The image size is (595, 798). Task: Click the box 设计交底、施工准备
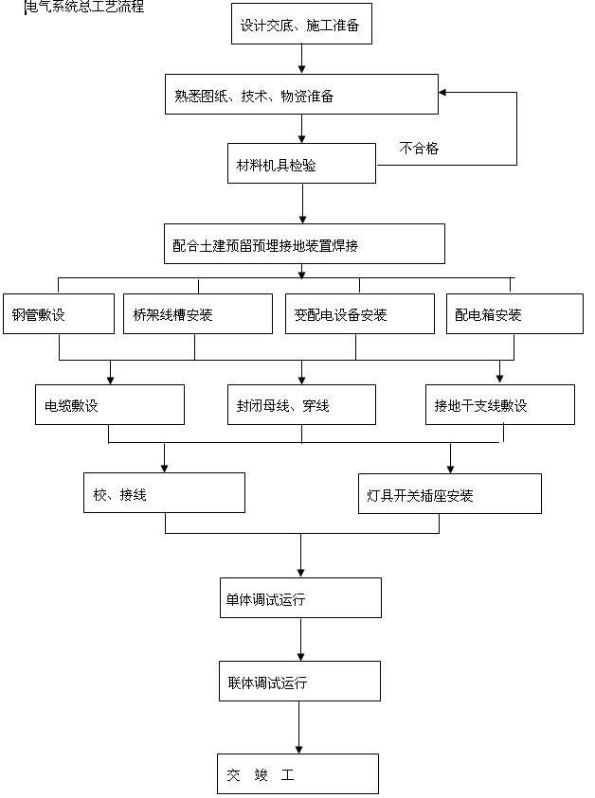(301, 25)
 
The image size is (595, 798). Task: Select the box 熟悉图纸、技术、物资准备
(301, 96)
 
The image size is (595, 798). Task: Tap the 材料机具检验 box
(301, 165)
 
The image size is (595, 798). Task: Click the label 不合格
(419, 148)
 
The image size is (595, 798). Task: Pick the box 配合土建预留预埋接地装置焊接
(303, 244)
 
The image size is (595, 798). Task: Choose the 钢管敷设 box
(59, 314)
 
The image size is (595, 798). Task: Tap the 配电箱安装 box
(514, 314)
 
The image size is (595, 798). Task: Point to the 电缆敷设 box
(110, 405)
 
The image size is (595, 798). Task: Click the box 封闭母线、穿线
(301, 405)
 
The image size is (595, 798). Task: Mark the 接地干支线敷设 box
(499, 405)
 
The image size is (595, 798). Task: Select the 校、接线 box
(165, 493)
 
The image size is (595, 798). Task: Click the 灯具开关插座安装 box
(450, 493)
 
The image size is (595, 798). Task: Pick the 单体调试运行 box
(301, 598)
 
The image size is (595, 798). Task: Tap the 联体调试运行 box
(301, 681)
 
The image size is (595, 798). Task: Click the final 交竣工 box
(297, 773)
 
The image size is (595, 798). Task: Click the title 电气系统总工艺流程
(85, 7)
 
